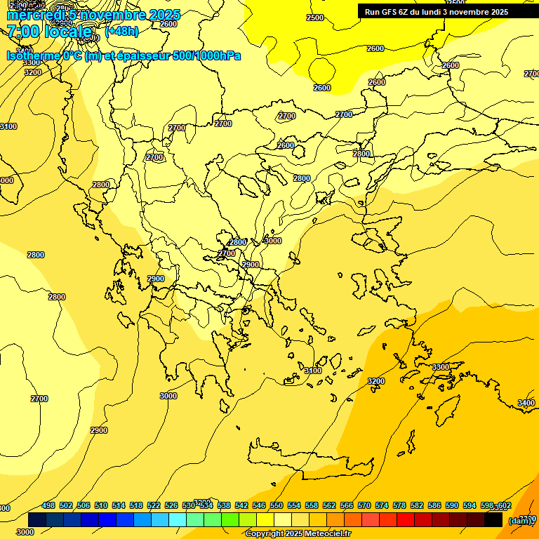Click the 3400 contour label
click(x=526, y=403)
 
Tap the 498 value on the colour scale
click(x=48, y=506)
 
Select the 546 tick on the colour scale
click(x=257, y=506)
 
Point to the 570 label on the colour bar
click(x=364, y=506)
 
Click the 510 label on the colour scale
click(x=101, y=506)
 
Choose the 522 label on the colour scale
click(x=154, y=506)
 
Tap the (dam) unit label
click(x=520, y=521)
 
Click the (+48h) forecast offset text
click(x=121, y=31)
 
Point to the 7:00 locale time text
click(x=49, y=31)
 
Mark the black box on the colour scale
click(x=493, y=519)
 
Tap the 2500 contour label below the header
click(x=315, y=18)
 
